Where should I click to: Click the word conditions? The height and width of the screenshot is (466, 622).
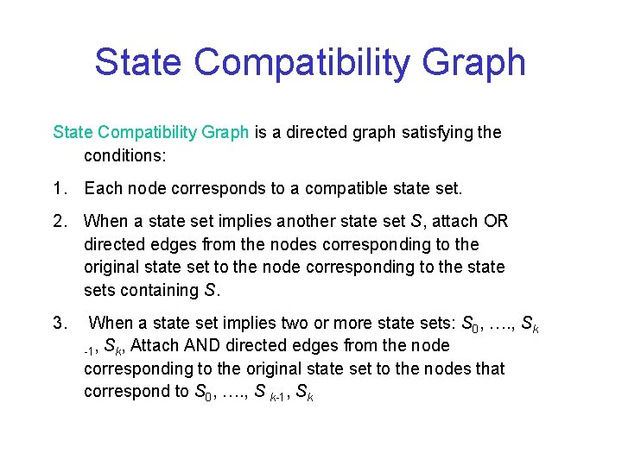(x=124, y=156)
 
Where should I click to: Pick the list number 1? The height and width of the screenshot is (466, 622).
(x=59, y=188)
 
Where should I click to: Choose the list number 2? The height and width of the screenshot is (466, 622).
(x=59, y=221)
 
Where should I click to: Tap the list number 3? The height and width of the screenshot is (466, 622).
(x=59, y=324)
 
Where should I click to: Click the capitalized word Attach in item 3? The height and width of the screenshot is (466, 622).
(x=156, y=346)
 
